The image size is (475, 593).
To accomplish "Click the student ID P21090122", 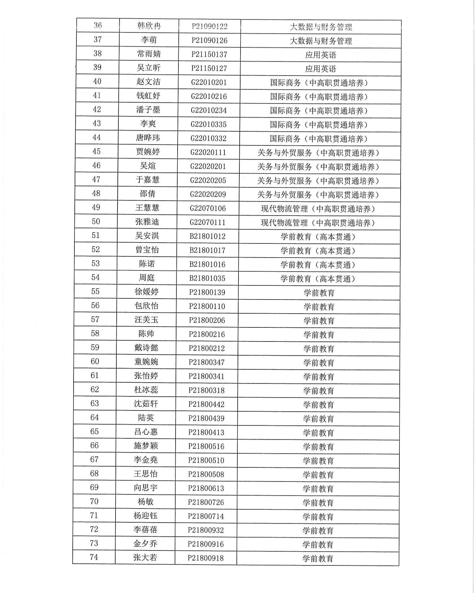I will click(209, 26).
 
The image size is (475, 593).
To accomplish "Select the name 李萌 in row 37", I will click(149, 40).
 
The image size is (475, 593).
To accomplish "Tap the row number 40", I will click(97, 81).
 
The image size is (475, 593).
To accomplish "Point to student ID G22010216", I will click(209, 96).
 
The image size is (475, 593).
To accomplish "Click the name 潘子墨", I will click(148, 110).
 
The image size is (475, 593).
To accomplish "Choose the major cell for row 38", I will click(321, 55).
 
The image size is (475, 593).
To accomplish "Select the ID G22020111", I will click(208, 152).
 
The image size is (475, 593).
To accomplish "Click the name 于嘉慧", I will click(148, 180).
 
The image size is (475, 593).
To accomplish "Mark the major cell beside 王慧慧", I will click(318, 209).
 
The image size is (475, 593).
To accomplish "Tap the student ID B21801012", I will click(207, 236).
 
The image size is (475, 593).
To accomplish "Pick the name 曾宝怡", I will click(147, 249).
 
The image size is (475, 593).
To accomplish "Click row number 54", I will click(95, 277).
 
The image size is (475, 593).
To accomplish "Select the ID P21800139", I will click(207, 292).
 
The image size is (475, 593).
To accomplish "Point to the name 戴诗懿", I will click(147, 348).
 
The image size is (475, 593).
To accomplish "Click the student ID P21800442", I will click(207, 404).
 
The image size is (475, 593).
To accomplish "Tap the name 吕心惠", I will click(146, 432).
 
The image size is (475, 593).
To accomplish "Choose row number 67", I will click(94, 459).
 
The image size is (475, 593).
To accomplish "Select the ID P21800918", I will click(206, 558).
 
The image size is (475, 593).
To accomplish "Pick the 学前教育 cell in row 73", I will click(318, 544).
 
